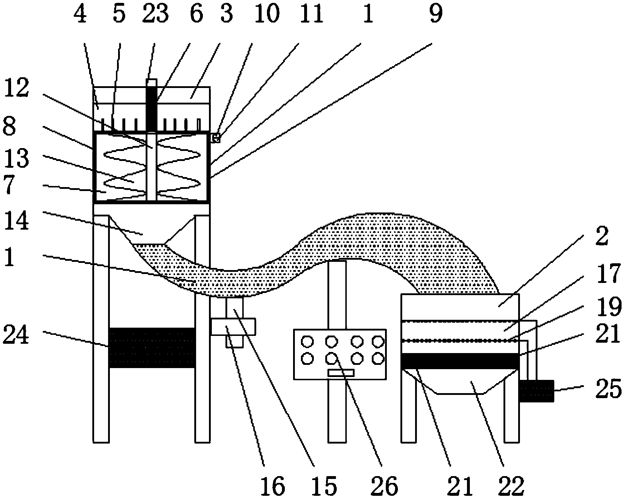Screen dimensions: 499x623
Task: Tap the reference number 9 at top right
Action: (435, 14)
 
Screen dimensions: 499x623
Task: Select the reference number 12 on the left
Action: (16, 88)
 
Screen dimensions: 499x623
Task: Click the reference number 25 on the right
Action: (608, 389)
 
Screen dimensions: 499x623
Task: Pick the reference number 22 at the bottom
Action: (512, 485)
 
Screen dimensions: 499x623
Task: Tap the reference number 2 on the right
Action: (602, 238)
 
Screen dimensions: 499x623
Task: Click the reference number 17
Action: (608, 275)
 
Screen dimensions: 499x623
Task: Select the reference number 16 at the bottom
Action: (273, 485)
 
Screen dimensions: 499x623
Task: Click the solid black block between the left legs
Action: (152, 347)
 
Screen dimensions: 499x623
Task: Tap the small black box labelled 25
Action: (536, 391)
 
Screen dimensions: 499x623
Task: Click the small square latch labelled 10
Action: (215, 138)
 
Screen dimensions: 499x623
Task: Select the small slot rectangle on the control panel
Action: (341, 373)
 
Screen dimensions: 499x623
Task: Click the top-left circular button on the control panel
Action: (307, 342)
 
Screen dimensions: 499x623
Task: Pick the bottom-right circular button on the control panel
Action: (378, 358)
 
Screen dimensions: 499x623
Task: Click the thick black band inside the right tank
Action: (460, 361)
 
